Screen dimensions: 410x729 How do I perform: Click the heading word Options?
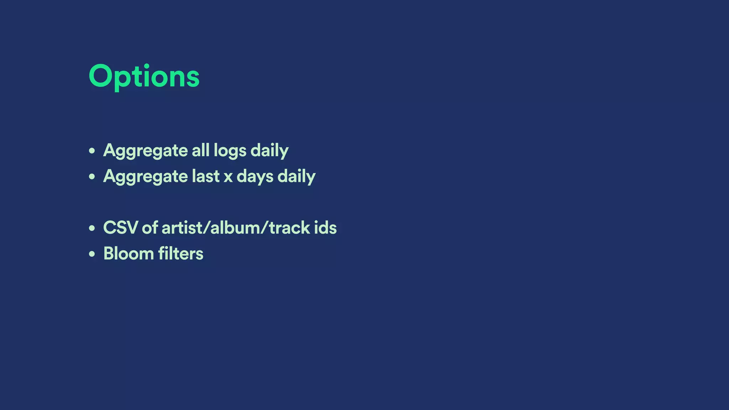pyautogui.click(x=144, y=77)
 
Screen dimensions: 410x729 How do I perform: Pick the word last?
pyautogui.click(x=205, y=176)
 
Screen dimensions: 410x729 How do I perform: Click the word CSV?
pyautogui.click(x=120, y=228)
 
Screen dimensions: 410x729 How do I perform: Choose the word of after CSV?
pyautogui.click(x=150, y=228)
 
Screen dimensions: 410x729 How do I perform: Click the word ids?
pyautogui.click(x=325, y=228)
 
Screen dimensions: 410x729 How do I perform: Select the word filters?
pyautogui.click(x=181, y=254)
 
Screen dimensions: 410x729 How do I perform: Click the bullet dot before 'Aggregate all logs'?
pyautogui.click(x=92, y=151)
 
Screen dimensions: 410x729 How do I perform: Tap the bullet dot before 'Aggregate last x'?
pyautogui.click(x=92, y=177)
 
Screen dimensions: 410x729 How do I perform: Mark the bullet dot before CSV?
pyautogui.click(x=92, y=228)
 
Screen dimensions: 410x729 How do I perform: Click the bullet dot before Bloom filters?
pyautogui.click(x=92, y=254)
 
